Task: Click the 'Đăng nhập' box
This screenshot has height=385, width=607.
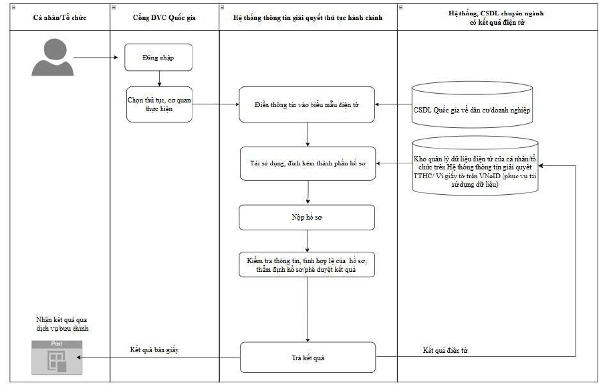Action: click(158, 58)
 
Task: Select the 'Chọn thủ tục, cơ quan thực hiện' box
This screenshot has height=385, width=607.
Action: click(159, 104)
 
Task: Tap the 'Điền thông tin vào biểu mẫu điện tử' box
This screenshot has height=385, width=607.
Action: click(307, 104)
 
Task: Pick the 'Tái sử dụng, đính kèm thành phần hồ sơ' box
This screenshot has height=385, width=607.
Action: click(308, 163)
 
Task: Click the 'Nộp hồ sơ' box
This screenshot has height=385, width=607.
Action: click(307, 217)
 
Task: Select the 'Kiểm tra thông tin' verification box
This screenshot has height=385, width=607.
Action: click(307, 264)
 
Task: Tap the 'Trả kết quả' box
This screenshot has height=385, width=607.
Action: click(308, 357)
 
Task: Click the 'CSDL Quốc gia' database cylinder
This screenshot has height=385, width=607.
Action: click(472, 104)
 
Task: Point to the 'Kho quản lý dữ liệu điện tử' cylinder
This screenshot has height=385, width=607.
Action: click(475, 165)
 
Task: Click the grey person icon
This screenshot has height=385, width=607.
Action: click(53, 57)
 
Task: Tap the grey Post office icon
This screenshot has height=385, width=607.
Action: click(57, 358)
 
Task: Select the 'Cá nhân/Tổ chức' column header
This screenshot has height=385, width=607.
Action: click(59, 17)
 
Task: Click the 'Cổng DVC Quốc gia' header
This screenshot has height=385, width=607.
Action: click(164, 17)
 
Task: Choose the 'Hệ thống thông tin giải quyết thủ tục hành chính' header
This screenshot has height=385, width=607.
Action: click(308, 17)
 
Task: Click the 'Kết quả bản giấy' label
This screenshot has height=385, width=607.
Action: click(154, 350)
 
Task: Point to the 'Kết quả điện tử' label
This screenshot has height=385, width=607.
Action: click(445, 350)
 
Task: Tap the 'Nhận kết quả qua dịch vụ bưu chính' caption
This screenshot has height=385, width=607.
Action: click(62, 324)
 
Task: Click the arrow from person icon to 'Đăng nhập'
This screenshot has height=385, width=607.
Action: click(96, 58)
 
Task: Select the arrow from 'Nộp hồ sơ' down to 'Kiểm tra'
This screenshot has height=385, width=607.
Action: click(307, 241)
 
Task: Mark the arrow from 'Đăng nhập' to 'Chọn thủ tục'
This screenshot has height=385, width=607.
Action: click(159, 79)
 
